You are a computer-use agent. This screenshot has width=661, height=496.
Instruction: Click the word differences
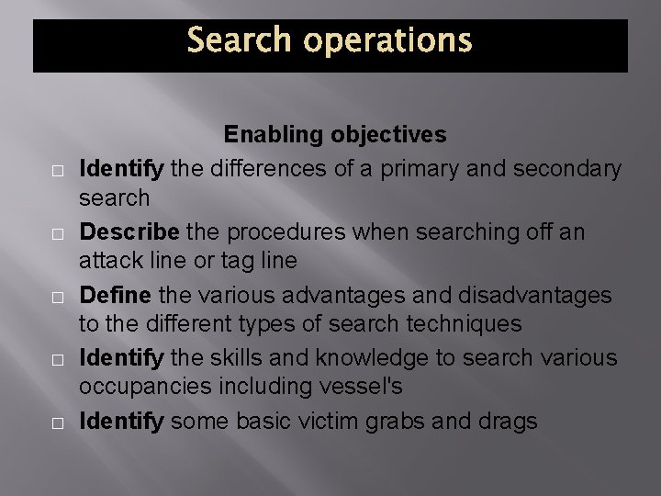point(259,169)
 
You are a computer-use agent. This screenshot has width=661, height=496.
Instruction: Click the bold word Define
point(117,296)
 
